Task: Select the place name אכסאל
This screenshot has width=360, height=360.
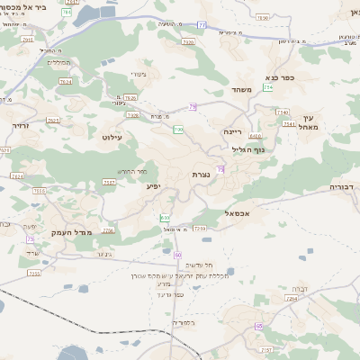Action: (238, 212)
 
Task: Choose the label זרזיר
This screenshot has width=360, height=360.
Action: (21, 126)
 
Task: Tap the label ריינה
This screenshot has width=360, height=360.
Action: (232, 131)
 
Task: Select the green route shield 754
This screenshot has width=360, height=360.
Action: (268, 87)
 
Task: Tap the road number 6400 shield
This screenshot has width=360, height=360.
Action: (256, 135)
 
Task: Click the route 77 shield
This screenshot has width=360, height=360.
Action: (202, 25)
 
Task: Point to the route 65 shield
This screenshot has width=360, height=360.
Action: (259, 326)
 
